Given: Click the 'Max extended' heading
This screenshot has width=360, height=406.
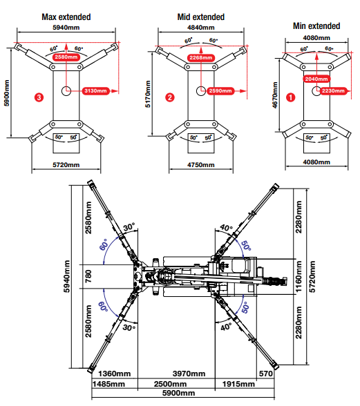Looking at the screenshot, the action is pos(66,17).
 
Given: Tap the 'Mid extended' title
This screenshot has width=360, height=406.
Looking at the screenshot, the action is pos(201,17).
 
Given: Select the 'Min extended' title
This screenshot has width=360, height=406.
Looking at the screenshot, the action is pos(316,26).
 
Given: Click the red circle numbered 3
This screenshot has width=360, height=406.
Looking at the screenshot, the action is pos(39,97).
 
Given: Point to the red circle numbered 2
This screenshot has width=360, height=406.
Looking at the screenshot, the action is pos(170,97).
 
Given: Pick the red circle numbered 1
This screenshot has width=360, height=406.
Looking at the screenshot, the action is pos(290,97).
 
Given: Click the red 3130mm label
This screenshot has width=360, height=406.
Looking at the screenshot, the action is pos(95,91).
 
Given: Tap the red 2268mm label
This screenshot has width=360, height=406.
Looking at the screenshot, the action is pos(201,57).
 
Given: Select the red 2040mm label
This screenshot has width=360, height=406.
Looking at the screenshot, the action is pos(316,79).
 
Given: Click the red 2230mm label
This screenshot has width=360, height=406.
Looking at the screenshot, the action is pos(333,91).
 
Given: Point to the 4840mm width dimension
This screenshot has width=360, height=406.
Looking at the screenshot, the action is pos(201,28).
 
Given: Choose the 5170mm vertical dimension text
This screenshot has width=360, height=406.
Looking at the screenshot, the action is pos(148,94).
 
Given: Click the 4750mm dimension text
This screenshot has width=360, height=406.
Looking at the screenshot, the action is pos(201,165).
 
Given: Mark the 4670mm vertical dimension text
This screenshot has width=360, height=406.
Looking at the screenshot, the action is pos(275,95).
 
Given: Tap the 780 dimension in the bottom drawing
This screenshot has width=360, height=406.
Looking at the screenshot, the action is pos(88,276).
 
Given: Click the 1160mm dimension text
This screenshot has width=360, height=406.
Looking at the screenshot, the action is pos(299,276).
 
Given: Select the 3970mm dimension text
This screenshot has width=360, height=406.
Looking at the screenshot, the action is pos(189,374).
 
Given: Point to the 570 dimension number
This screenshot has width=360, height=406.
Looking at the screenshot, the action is pos(266,374).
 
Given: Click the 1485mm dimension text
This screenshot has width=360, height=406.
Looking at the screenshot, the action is pos(109,384).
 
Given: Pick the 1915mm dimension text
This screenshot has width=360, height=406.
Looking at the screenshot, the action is pos(238,384).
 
